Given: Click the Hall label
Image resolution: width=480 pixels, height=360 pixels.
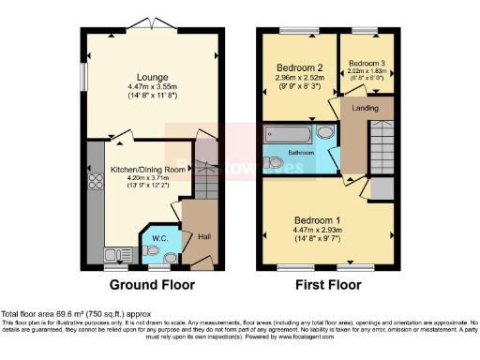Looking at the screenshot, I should click(204, 236).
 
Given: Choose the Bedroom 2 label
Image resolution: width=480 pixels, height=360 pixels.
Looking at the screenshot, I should click(300, 67).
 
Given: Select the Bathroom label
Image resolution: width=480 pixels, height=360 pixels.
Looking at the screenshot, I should click(301, 152).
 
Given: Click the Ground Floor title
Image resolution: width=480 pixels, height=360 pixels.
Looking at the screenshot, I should click(153, 285).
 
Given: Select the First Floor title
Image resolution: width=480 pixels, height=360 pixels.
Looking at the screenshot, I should click(328, 285).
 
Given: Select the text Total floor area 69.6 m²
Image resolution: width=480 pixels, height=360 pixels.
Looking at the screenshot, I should click(56, 313).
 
